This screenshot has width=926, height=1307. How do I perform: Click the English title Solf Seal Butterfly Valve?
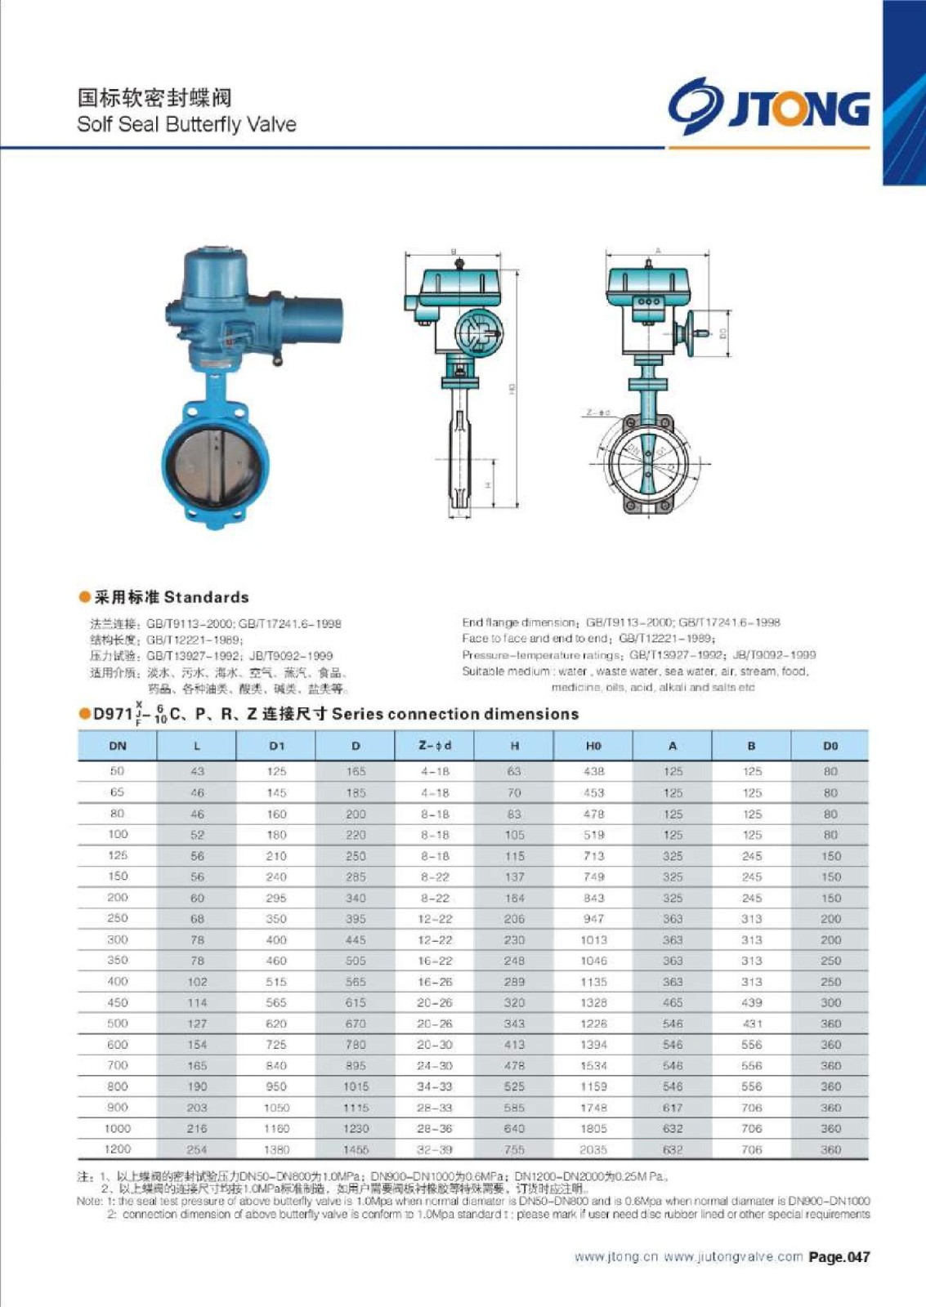click(186, 124)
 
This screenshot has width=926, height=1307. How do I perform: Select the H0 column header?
click(593, 746)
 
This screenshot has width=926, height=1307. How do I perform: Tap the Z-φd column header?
click(435, 746)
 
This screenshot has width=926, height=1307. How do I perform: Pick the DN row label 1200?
click(118, 1149)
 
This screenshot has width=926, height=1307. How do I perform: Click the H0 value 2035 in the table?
click(593, 1149)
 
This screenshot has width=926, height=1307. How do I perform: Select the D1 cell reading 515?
click(276, 981)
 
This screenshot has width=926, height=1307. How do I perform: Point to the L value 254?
click(197, 1149)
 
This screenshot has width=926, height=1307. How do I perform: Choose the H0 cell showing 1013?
click(593, 939)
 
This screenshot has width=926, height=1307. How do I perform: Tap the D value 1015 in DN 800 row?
click(356, 1086)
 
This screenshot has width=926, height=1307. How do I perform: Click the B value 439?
click(752, 1002)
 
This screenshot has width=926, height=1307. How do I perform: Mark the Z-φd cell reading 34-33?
click(435, 1086)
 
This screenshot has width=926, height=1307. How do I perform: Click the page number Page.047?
click(839, 1257)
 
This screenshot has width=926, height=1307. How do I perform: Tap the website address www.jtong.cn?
click(615, 1257)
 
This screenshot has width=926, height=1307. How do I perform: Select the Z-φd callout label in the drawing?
click(597, 413)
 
